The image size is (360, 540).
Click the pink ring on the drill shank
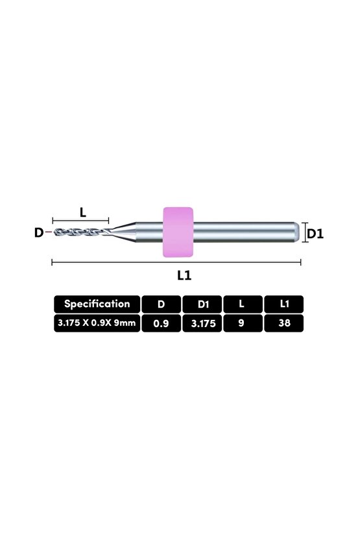(x=178, y=232)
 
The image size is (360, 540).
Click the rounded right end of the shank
(x=295, y=232)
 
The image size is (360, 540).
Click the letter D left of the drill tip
(x=38, y=232)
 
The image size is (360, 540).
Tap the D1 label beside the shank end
(x=315, y=233)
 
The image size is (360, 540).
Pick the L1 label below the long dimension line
(x=184, y=275)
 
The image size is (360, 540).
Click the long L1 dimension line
(x=176, y=262)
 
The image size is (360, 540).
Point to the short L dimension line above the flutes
(x=81, y=221)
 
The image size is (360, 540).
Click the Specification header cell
(x=97, y=303)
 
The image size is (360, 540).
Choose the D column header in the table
(x=161, y=303)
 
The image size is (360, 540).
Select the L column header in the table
(x=242, y=303)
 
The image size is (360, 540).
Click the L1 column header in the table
(x=283, y=303)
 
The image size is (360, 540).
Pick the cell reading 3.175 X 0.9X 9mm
(x=97, y=323)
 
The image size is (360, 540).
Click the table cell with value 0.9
(x=161, y=323)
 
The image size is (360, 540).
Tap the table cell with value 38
(x=283, y=323)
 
